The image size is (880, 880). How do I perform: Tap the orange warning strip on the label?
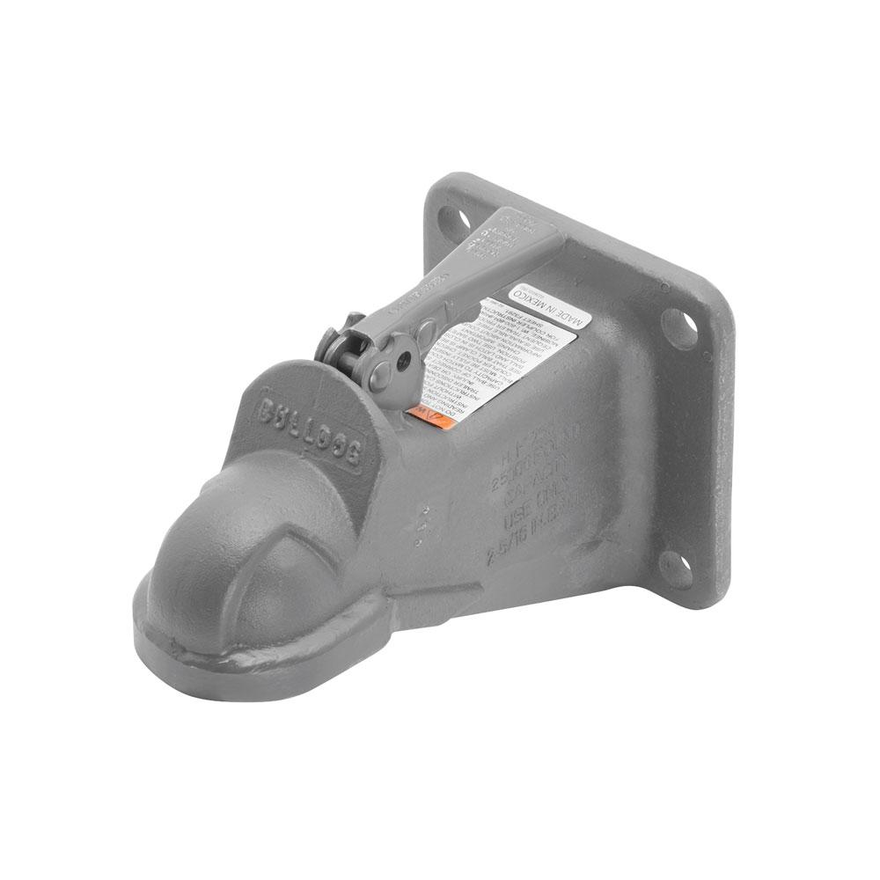point(433,415)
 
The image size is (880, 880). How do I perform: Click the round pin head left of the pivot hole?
point(370,370)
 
